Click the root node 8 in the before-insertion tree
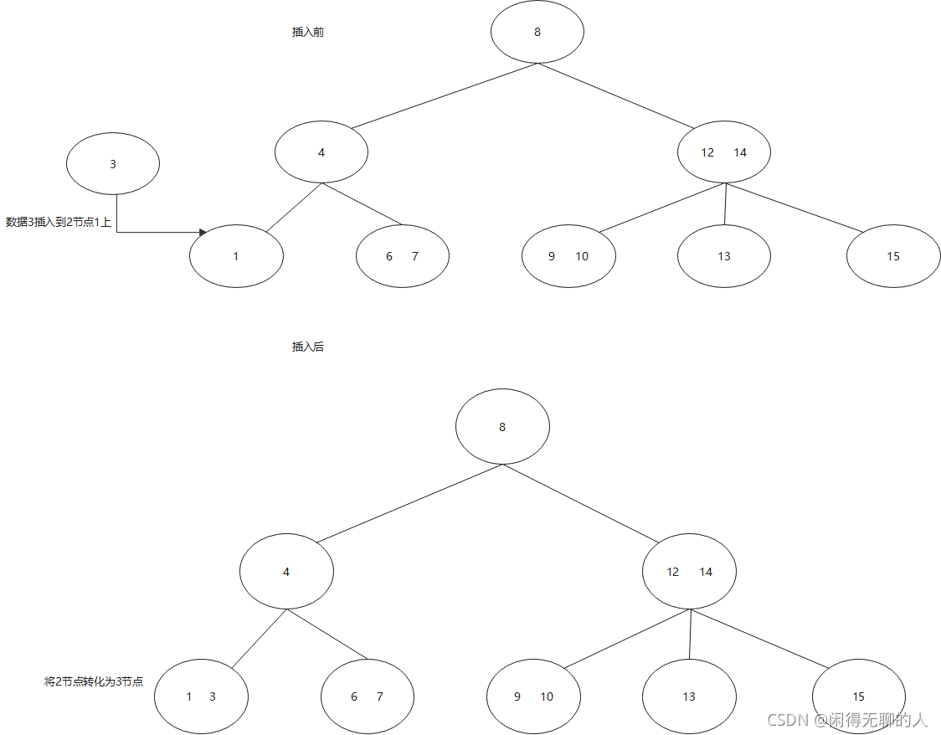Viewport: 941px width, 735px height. pyautogui.click(x=537, y=32)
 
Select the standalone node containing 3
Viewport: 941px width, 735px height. pyautogui.click(x=113, y=164)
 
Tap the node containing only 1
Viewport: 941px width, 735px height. pyautogui.click(x=236, y=256)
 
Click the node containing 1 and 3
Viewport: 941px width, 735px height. pyautogui.click(x=201, y=696)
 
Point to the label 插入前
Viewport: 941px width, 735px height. pyautogui.click(x=307, y=33)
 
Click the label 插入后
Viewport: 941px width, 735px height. pyautogui.click(x=307, y=347)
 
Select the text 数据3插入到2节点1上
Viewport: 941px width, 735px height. pyautogui.click(x=59, y=223)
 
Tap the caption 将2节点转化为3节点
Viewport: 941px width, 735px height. pyautogui.click(x=94, y=681)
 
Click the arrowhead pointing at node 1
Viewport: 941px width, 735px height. pyautogui.click(x=203, y=232)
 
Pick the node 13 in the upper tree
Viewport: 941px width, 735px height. pyautogui.click(x=724, y=256)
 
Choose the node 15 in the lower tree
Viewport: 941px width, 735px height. pyautogui.click(x=858, y=696)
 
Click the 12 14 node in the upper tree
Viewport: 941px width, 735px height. pyautogui.click(x=724, y=152)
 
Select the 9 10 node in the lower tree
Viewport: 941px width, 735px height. pyautogui.click(x=533, y=696)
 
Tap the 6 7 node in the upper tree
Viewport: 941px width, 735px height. pyautogui.click(x=402, y=256)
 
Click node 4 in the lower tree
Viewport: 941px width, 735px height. pyautogui.click(x=286, y=573)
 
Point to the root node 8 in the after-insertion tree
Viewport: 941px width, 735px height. pyautogui.click(x=502, y=427)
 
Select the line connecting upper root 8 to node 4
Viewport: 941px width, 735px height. pyautogui.click(x=444, y=96)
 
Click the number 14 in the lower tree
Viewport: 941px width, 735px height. pyautogui.click(x=706, y=573)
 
